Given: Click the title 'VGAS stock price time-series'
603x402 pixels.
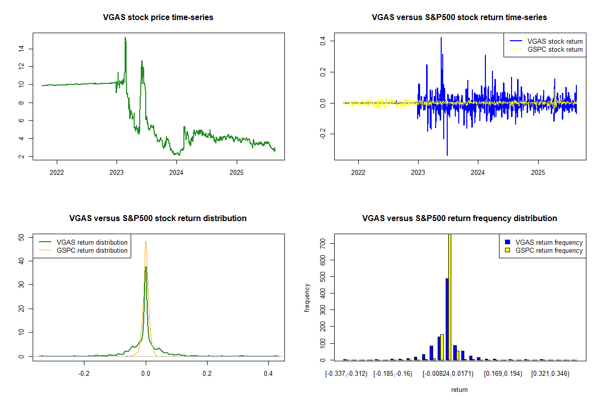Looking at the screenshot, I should coord(158,18).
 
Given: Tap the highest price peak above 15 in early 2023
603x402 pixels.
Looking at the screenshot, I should coord(125,38).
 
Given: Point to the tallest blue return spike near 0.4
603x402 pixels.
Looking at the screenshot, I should coord(441,38).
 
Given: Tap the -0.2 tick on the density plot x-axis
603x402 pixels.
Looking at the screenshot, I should coord(84,374).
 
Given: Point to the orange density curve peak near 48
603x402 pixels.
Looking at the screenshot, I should coord(146,241).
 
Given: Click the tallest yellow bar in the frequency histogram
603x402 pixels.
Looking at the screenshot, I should coord(450,296).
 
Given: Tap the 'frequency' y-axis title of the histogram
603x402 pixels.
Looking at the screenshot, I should coord(308,297).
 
